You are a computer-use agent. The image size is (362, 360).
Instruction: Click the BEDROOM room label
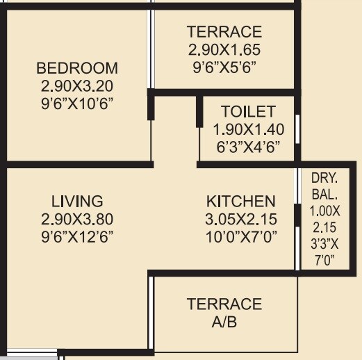click(77, 68)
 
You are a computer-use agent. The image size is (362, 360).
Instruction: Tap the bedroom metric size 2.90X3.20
click(77, 86)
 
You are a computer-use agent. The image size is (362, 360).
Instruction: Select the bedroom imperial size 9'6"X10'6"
click(77, 104)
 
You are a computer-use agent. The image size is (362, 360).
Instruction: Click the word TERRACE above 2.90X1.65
click(224, 32)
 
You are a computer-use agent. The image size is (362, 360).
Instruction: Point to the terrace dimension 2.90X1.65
click(224, 50)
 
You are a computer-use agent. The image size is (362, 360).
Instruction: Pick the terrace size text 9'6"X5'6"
click(224, 67)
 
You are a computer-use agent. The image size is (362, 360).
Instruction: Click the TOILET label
click(248, 111)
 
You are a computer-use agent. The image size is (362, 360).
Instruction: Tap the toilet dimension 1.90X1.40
click(248, 129)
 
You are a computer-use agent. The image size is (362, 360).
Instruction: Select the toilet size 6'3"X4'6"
click(248, 147)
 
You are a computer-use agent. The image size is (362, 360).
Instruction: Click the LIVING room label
click(77, 202)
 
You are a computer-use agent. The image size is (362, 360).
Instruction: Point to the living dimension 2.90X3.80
click(77, 219)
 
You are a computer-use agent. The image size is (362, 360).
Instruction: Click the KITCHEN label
click(240, 202)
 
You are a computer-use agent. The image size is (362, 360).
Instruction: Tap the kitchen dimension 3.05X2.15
click(240, 219)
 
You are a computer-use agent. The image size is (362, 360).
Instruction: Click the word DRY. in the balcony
click(324, 178)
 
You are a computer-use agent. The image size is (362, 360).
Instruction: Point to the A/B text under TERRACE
click(224, 322)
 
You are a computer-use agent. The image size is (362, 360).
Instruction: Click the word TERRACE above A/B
click(224, 304)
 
